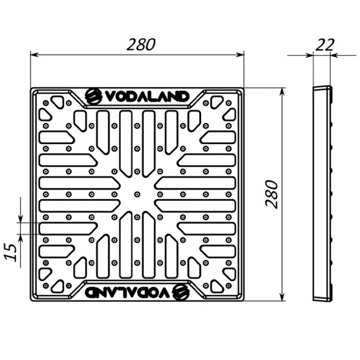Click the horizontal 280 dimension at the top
[x=141, y=45]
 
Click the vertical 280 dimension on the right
[x=272, y=194]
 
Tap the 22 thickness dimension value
[x=324, y=45]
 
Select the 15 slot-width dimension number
[x=11, y=252]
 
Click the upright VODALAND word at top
[x=147, y=96]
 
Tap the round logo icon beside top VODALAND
[x=94, y=96]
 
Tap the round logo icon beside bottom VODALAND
[x=181, y=292]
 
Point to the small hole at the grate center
[x=137, y=194]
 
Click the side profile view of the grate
[x=323, y=193]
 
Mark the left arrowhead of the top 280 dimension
[x=34, y=55]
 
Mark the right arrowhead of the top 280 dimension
[x=240, y=55]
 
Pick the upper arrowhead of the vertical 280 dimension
[x=283, y=92]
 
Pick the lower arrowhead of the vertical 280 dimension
[x=283, y=297]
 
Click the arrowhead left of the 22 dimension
[x=309, y=55]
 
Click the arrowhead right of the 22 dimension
[x=334, y=55]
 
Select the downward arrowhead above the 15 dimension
[x=21, y=219]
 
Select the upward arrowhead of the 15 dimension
[x=21, y=238]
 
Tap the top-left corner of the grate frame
[x=31, y=88]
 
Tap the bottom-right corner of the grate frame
[x=244, y=301]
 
